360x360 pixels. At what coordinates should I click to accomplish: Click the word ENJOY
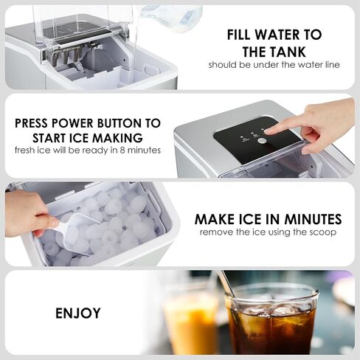click(x=78, y=313)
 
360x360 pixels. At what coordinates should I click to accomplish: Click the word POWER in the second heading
click(x=74, y=123)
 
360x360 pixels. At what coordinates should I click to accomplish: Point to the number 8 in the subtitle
click(x=122, y=150)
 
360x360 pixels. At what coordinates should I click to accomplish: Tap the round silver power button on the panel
click(x=262, y=141)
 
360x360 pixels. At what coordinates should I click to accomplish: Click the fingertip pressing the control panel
click(x=269, y=132)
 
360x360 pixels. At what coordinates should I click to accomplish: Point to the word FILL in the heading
click(x=239, y=35)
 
